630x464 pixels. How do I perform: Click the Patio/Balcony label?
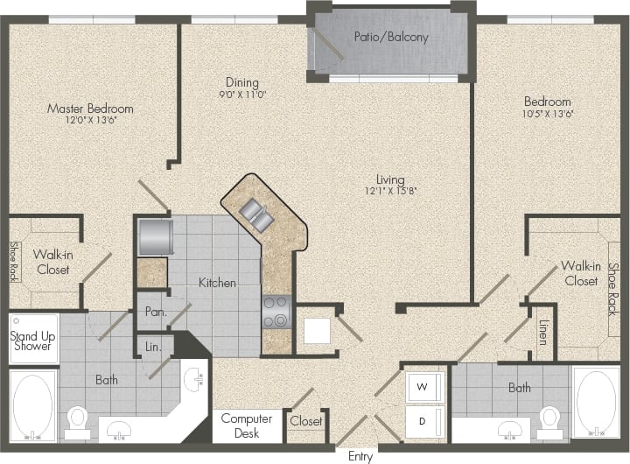(x=390, y=37)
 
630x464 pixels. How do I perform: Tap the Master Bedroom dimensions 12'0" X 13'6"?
(x=90, y=120)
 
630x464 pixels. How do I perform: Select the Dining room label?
(x=241, y=83)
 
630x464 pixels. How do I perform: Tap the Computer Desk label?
(x=247, y=425)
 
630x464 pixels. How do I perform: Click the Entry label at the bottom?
(x=360, y=456)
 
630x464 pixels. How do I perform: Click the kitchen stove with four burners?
(x=277, y=310)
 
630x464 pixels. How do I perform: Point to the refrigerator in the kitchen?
(x=154, y=236)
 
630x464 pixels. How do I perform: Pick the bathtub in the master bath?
(x=32, y=405)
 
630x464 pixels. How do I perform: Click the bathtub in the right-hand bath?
(x=597, y=403)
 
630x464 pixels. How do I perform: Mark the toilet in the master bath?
(x=78, y=420)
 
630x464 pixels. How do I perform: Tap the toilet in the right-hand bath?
(x=550, y=418)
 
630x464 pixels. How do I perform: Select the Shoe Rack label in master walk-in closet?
(x=14, y=262)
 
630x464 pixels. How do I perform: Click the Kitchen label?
(x=217, y=283)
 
